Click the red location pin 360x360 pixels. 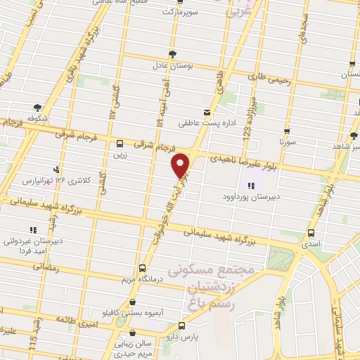(181, 165)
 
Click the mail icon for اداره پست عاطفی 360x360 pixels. (206, 112)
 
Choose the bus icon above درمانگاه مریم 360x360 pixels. (143, 268)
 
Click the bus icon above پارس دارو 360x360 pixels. (182, 326)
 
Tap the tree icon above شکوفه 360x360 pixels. (47, 107)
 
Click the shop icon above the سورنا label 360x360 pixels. (287, 131)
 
